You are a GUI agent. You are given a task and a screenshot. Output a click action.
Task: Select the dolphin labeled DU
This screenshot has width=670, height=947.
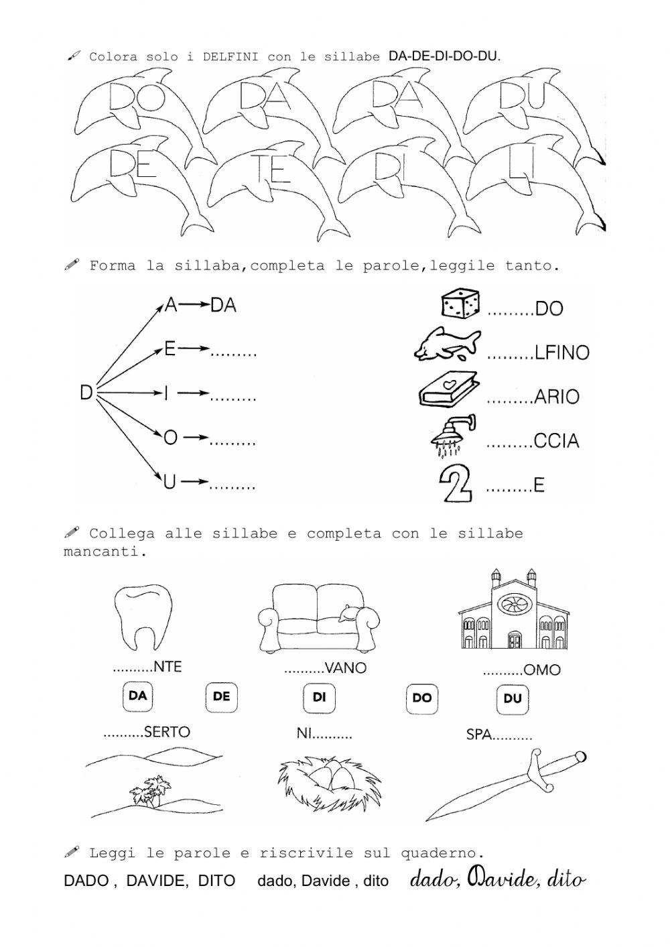coord(529,107)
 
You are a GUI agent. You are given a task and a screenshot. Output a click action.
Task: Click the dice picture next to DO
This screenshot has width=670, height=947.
coord(460,304)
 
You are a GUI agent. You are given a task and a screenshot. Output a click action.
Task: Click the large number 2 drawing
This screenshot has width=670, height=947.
coord(455,483)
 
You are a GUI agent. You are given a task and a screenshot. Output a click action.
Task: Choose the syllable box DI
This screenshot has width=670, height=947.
coord(319,698)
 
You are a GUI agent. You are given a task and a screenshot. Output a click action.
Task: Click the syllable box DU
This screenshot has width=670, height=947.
coord(513,699)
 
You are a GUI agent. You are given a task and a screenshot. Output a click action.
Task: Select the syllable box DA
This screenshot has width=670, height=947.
coord(138,696)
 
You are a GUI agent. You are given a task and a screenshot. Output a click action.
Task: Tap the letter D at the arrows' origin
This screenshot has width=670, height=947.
coord(86,392)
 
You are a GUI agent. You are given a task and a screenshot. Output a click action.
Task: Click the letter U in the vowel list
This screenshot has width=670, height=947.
coord(170,482)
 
